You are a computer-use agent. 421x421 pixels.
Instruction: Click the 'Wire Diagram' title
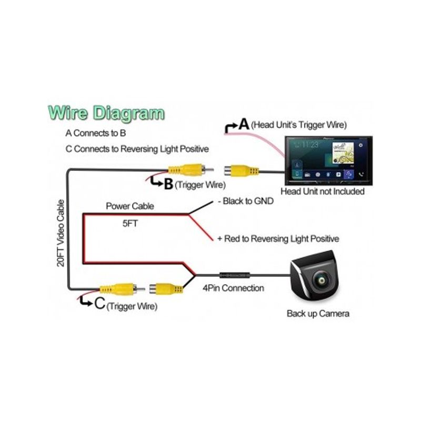coord(106,113)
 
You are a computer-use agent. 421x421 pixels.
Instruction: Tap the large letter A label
coord(244,124)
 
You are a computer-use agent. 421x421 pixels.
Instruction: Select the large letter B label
coord(168,184)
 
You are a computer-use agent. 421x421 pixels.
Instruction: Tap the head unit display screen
coord(328,161)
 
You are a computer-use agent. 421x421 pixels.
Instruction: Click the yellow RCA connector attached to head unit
coord(241,171)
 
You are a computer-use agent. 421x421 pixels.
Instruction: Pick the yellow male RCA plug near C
coord(122,289)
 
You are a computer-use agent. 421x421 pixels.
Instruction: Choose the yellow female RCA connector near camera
coord(166,289)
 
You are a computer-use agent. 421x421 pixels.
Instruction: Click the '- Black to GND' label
coord(245,201)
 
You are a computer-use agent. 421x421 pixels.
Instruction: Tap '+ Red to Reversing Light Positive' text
coord(278,239)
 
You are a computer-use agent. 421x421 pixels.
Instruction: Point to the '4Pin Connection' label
coord(233,288)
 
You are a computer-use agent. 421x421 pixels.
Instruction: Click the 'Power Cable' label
coord(130,206)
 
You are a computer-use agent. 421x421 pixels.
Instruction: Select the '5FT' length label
coord(130,223)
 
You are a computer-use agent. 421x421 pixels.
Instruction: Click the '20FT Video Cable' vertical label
coord(61,233)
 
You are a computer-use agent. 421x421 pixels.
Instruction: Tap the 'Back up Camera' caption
coord(318,314)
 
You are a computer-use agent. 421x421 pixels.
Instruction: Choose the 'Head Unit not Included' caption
coord(323,192)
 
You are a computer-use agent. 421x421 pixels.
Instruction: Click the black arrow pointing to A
coord(230,127)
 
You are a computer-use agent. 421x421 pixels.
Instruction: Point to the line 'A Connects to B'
coord(96,133)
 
